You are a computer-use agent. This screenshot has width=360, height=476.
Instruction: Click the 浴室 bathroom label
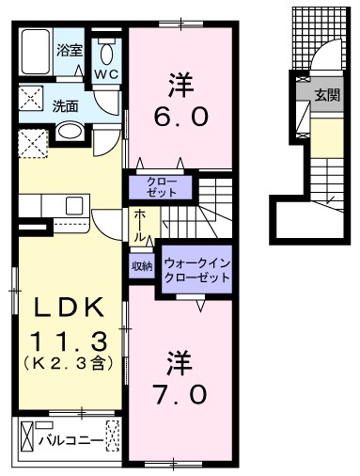point(70,49)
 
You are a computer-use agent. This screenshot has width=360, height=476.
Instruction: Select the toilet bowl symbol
point(107,49)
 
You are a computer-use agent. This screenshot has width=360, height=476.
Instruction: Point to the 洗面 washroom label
point(65,105)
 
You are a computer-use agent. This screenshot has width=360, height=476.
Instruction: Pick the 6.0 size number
point(180,120)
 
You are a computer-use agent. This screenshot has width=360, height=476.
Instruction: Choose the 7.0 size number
point(180,392)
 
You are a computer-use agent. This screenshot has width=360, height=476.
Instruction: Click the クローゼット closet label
point(160,185)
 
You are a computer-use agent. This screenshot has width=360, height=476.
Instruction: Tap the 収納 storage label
point(141,266)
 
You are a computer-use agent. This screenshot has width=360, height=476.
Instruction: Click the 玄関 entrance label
point(327,95)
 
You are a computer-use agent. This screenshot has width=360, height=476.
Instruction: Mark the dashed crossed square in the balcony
point(112,437)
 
